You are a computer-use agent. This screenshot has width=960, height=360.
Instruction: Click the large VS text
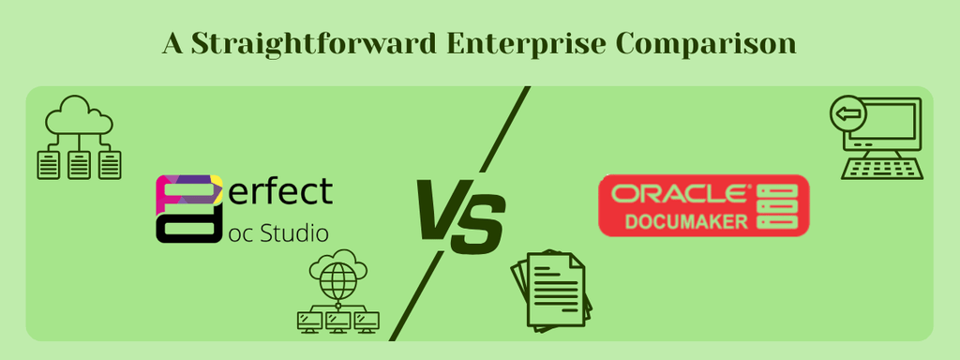tap(458, 217)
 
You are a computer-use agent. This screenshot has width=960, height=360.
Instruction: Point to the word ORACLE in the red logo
tap(680, 194)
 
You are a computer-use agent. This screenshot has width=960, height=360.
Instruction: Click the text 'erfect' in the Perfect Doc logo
tap(280, 191)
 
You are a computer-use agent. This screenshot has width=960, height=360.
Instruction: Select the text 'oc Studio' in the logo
tap(278, 232)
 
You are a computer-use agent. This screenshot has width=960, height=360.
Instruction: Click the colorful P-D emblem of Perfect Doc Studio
tap(188, 208)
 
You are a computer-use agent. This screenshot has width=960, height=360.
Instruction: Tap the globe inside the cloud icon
tap(337, 277)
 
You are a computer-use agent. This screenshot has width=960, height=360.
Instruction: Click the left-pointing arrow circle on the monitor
tap(848, 115)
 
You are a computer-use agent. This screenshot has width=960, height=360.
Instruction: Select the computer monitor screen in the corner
tap(889, 122)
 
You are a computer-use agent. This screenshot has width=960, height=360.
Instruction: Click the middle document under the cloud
tap(80, 166)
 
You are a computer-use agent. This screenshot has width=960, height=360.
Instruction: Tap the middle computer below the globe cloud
tap(337, 322)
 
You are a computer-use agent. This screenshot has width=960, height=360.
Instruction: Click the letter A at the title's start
tap(172, 44)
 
